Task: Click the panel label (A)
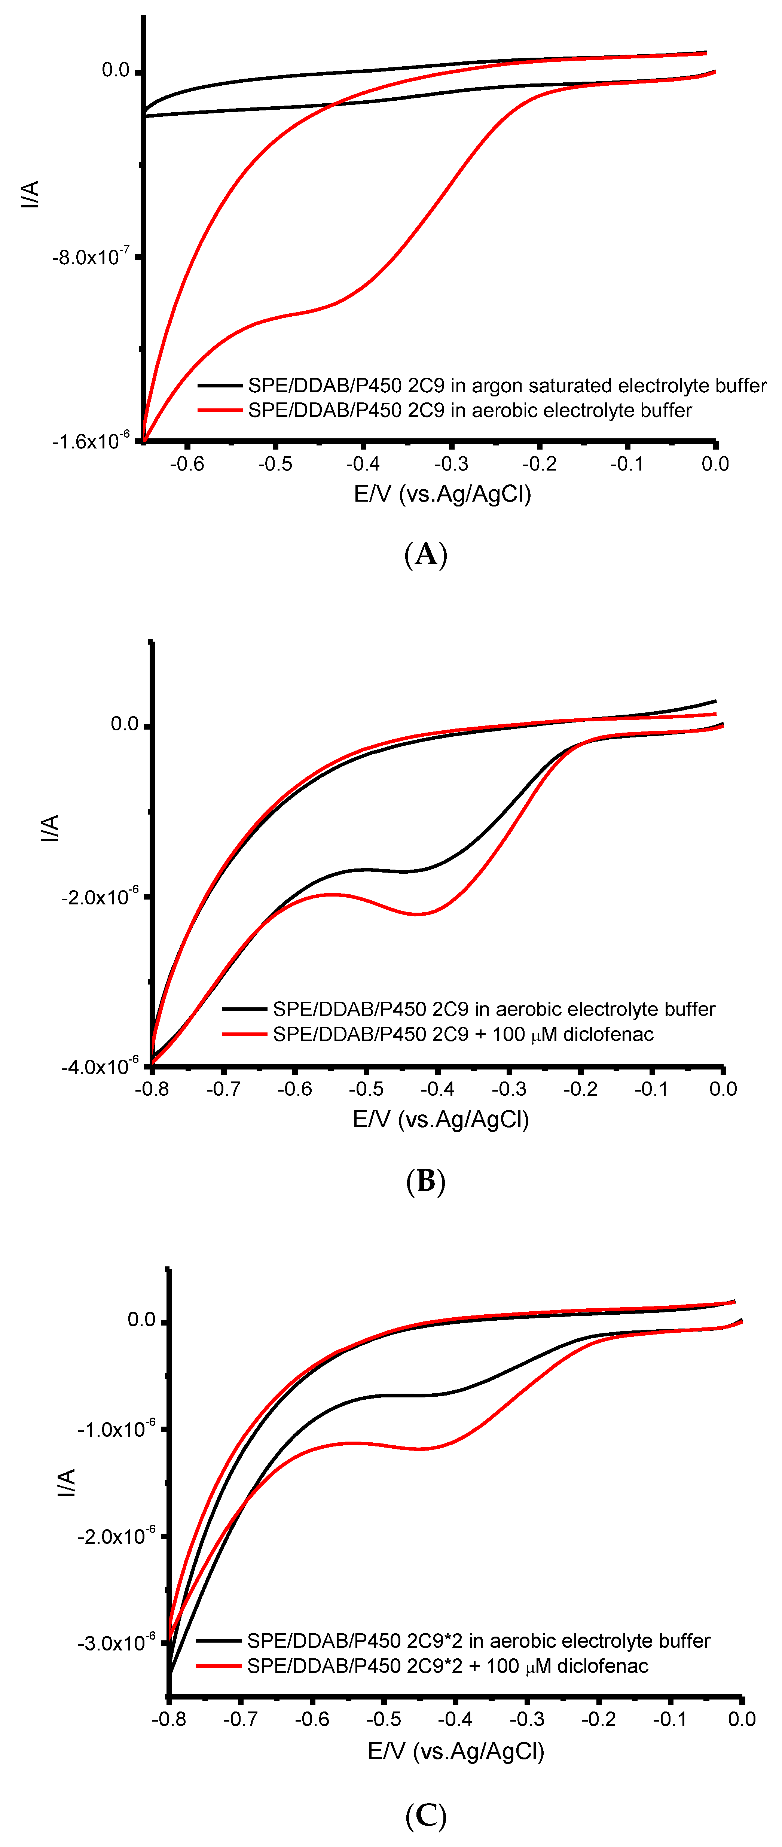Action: (426, 554)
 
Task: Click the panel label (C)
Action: (426, 1816)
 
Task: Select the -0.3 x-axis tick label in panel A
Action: (452, 464)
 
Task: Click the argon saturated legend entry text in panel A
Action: (507, 386)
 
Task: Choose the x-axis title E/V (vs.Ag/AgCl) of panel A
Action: (442, 494)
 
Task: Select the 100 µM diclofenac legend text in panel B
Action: (463, 1034)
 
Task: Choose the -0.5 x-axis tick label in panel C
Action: (384, 1719)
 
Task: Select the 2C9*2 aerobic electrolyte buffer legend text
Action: (478, 1640)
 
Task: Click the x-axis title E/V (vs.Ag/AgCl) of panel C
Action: (456, 1752)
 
